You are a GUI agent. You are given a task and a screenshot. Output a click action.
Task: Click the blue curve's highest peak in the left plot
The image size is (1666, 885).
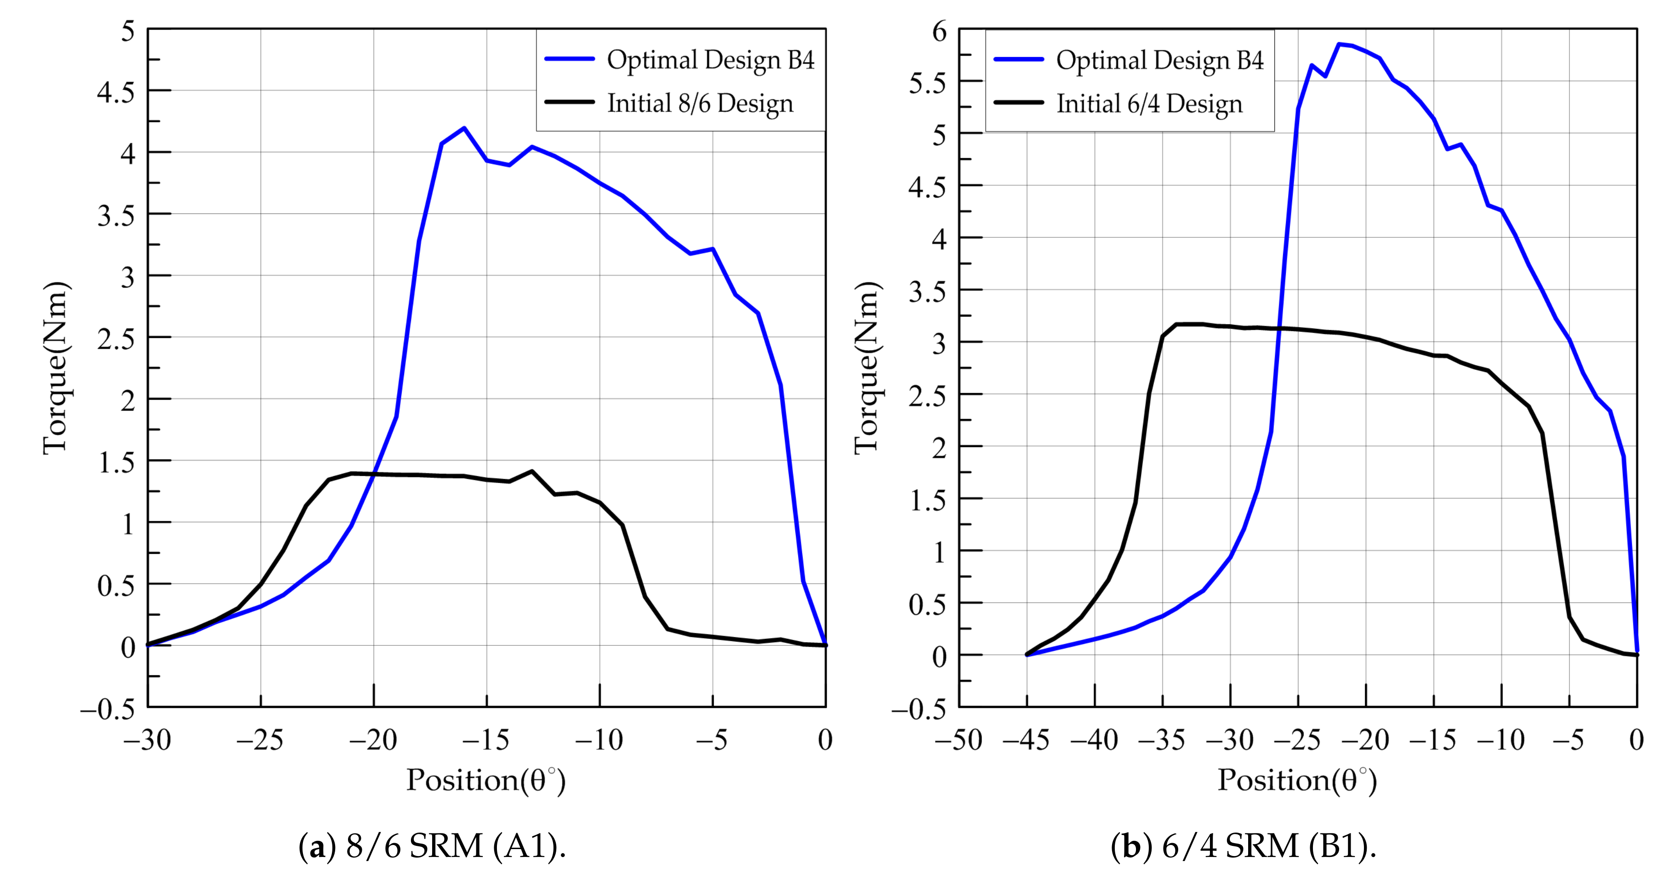point(464,128)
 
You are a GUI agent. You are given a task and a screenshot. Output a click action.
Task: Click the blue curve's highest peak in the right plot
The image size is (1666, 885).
point(1338,44)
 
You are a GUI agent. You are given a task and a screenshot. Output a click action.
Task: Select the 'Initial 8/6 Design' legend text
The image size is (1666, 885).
point(700,103)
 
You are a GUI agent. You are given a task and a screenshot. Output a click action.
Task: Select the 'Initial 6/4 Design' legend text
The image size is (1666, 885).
point(1149,104)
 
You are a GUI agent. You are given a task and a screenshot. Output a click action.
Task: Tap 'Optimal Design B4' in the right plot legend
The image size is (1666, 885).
point(1159,61)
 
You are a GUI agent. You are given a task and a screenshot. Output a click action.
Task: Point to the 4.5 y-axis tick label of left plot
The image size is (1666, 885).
point(116,92)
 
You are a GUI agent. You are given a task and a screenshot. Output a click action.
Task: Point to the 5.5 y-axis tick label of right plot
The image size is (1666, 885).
point(927,83)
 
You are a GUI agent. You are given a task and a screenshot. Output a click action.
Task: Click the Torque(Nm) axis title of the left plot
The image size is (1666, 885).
point(55,368)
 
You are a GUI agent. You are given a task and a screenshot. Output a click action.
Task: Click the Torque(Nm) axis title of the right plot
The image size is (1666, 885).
point(866,368)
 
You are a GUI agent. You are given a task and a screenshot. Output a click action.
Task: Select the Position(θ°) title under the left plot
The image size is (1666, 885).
point(486,780)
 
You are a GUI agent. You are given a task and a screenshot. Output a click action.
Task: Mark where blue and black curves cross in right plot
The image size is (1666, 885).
point(1277,328)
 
